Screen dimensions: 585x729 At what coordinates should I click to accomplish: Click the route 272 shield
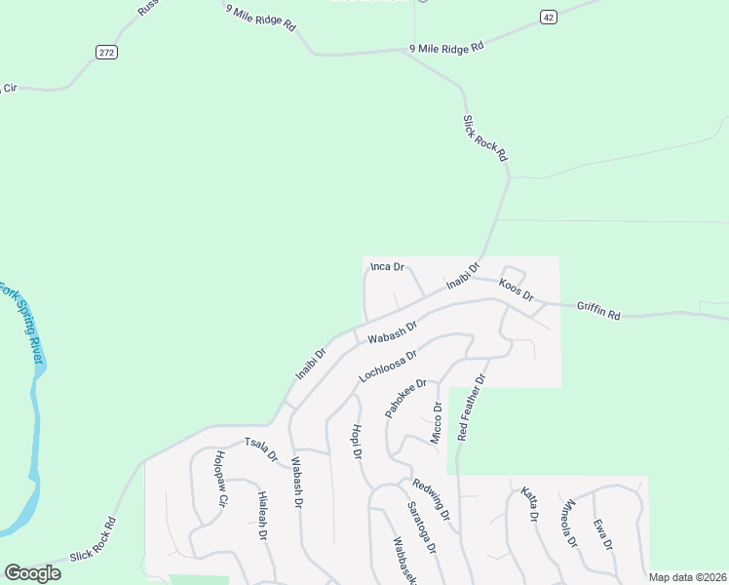pos(107,52)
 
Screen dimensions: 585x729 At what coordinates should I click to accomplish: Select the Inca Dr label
pos(387,267)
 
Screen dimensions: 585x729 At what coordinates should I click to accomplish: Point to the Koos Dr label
pos(516,290)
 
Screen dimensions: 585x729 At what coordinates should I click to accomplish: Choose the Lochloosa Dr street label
pos(388,366)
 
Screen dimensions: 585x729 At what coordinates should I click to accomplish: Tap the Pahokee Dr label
pos(405,399)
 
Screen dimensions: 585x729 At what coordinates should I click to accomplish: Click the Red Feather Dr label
pos(471,407)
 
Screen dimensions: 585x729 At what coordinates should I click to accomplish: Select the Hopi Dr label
pos(357,442)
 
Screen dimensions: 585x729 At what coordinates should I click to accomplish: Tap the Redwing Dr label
pos(430,498)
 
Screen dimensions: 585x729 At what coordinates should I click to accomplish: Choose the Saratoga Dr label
pos(421,530)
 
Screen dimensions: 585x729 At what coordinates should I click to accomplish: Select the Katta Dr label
pos(529,504)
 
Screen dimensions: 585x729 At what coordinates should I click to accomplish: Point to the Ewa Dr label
pos(601,533)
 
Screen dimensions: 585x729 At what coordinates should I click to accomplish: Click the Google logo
pos(32,573)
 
